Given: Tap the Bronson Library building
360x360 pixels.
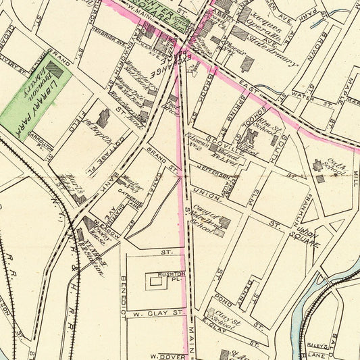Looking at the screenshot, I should click(55, 70).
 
